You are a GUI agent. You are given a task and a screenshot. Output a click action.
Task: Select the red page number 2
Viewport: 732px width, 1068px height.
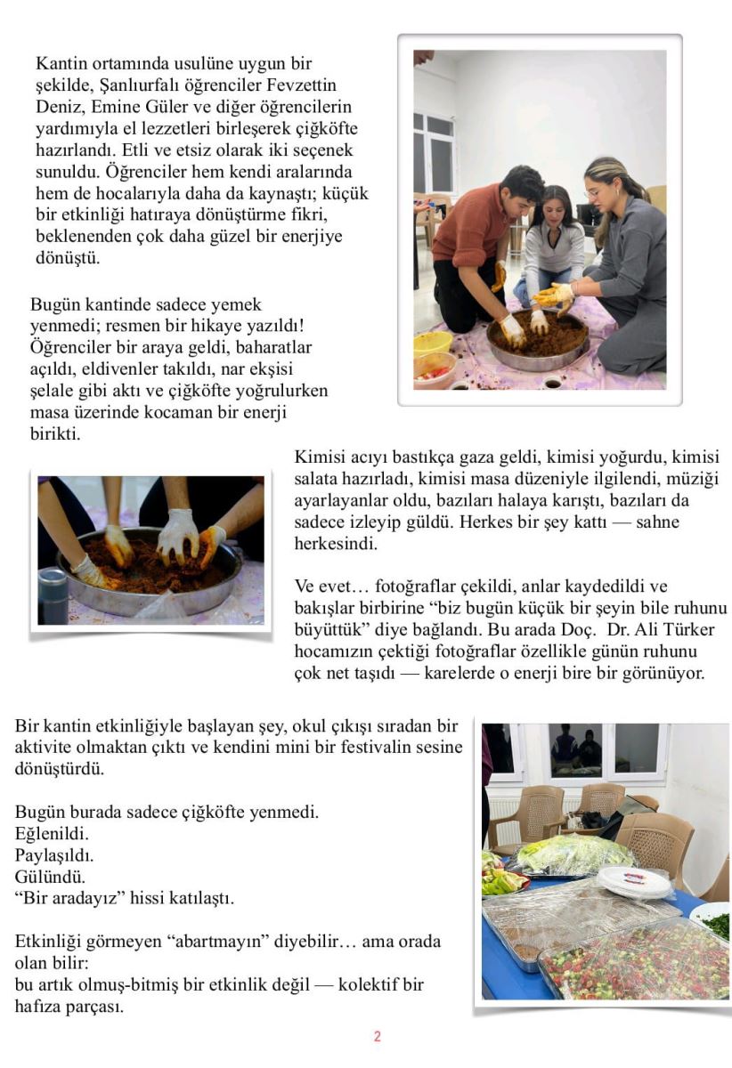[377, 1036]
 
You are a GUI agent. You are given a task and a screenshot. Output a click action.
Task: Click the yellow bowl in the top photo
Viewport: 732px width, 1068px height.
[433, 343]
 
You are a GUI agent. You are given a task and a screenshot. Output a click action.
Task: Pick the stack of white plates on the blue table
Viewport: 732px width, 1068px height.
[633, 881]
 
